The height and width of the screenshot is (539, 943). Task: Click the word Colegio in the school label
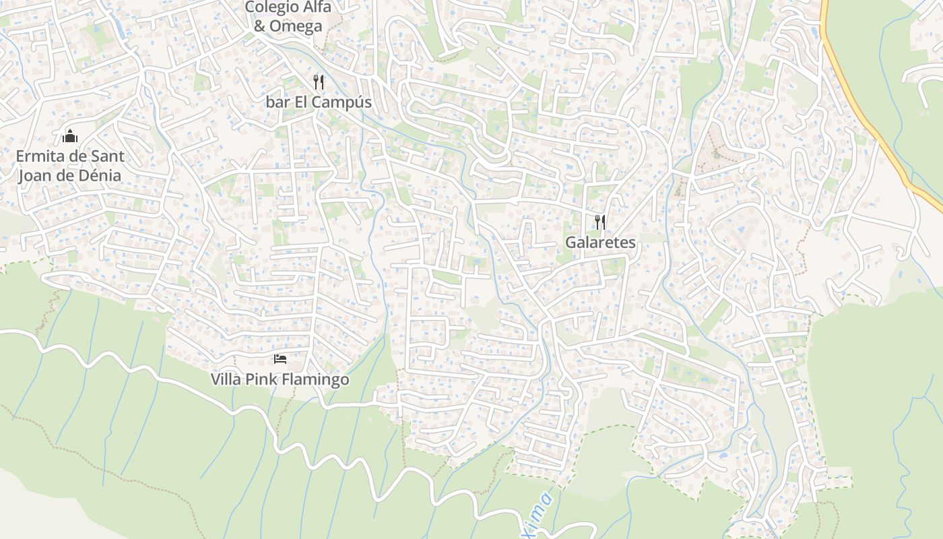[x=269, y=7]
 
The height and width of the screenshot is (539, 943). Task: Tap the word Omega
[x=297, y=26]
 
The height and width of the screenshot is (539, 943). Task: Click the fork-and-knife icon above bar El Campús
[x=319, y=82]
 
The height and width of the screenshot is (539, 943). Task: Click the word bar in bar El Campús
[x=277, y=102]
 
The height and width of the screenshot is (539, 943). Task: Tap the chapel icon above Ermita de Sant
[x=70, y=136]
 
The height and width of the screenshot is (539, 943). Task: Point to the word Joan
[x=35, y=175]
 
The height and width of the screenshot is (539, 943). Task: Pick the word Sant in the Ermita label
[x=108, y=156]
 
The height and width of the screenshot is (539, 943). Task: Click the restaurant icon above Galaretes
[x=600, y=222]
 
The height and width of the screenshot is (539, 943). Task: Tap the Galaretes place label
[x=600, y=242]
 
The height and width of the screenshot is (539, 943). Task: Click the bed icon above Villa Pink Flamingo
[x=280, y=359]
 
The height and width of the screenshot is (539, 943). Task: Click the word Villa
[x=226, y=379]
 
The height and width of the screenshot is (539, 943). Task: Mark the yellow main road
[x=869, y=121]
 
